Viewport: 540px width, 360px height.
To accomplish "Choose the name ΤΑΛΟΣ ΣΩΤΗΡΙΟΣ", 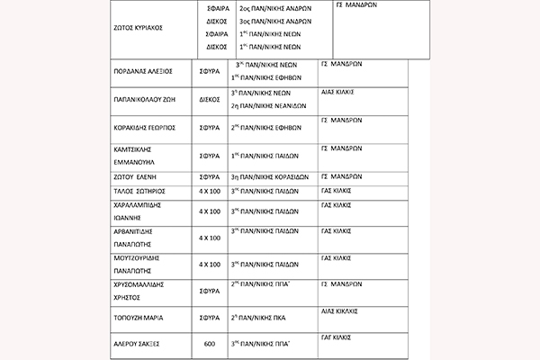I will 141,192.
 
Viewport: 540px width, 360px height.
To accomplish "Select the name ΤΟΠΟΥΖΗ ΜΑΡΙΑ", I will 141,317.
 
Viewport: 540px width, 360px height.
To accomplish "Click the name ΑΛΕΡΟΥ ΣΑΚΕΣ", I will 139,343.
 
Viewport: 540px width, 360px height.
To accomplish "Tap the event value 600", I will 210,343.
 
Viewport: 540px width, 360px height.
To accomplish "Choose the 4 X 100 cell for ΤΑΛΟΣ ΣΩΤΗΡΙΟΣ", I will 210,192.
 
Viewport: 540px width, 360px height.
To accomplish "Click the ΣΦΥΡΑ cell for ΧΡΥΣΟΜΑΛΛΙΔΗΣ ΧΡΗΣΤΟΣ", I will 210,292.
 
